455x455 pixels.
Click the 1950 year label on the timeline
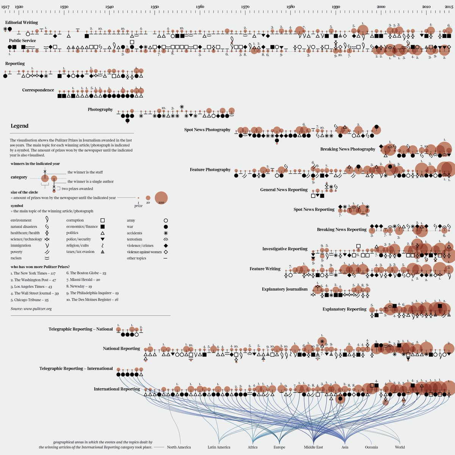coord(154,7)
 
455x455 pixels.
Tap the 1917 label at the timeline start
coord(5,7)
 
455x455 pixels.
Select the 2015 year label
coord(449,7)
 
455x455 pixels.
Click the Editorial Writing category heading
coord(21,23)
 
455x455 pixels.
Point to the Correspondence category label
coord(38,90)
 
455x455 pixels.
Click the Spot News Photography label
coord(207,130)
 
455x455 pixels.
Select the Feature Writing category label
coord(265,269)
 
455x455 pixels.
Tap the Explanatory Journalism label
coord(284,289)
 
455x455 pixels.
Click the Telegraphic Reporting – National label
coord(80,329)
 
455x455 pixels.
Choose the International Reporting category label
coord(117,389)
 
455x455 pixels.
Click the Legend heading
coord(19,126)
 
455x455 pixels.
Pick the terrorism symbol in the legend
coord(165,239)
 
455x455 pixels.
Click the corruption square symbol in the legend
coord(102,220)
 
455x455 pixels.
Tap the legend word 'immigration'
coord(21,246)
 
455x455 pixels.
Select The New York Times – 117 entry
coord(33,273)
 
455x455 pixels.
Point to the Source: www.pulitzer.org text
coord(31,309)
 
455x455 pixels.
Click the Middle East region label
coord(313,447)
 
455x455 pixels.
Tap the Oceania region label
coord(372,447)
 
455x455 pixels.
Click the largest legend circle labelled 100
coord(161,198)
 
